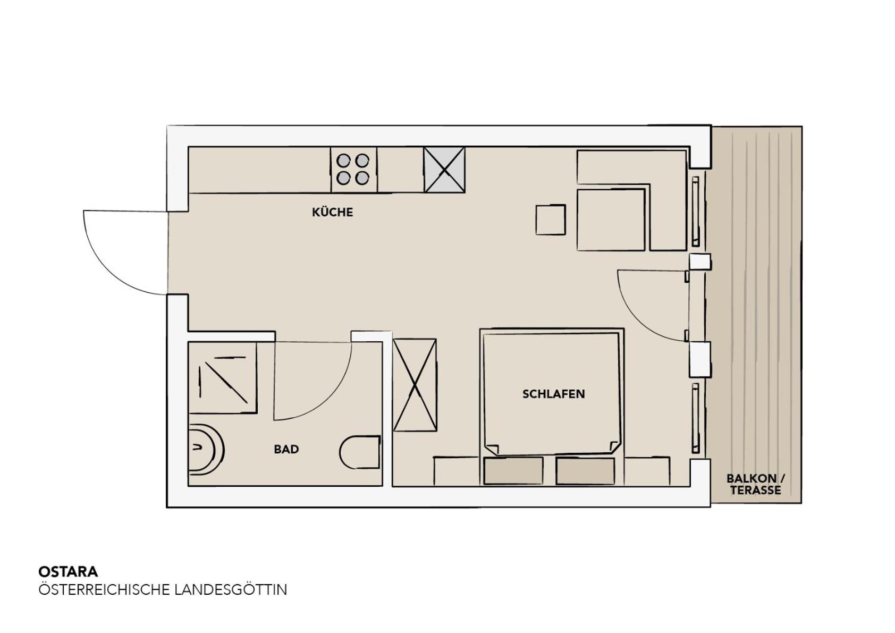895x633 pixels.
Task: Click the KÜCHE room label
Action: click(x=332, y=212)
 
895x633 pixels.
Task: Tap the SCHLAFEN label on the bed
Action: click(x=553, y=394)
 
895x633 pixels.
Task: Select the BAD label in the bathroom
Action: click(x=286, y=449)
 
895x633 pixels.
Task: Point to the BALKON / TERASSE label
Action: click(x=756, y=484)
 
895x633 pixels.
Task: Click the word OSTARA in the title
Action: click(x=68, y=571)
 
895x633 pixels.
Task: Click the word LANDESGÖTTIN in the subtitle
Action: click(x=231, y=590)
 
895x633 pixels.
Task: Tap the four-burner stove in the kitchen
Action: click(x=353, y=170)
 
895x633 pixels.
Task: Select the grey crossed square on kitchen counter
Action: click(x=444, y=170)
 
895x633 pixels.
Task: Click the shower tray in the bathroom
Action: click(x=222, y=378)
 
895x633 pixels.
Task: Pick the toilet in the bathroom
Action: click(x=360, y=452)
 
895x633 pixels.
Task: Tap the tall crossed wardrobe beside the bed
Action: click(x=415, y=385)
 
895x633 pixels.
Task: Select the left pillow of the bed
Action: click(x=513, y=471)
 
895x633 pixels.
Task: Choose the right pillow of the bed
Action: click(x=585, y=471)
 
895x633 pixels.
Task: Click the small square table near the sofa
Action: click(x=551, y=220)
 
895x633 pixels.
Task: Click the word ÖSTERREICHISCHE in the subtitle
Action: click(x=104, y=590)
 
